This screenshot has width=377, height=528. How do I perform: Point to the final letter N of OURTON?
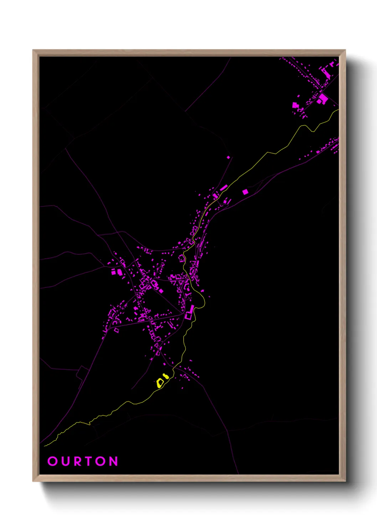pos(113,461)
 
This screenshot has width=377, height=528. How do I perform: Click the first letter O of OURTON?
pos(52,461)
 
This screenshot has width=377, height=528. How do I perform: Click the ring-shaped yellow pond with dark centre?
pos(160,383)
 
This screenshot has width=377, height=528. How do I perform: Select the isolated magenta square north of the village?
pos(228,157)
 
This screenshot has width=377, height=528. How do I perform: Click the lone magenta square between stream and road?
pos(245,192)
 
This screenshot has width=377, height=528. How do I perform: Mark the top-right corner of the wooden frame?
pos(345,50)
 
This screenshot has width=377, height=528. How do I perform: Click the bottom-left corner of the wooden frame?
pos(33,481)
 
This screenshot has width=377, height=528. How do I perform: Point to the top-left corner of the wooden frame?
pos(33,50)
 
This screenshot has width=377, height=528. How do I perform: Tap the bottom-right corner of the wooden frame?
pos(345,481)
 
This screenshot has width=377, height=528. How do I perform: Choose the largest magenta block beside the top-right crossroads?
pos(323,98)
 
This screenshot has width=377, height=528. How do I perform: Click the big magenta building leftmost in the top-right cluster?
pos(295,105)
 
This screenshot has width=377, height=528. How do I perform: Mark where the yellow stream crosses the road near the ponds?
pos(173,367)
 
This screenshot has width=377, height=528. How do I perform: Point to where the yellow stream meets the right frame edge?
pos(338,110)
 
